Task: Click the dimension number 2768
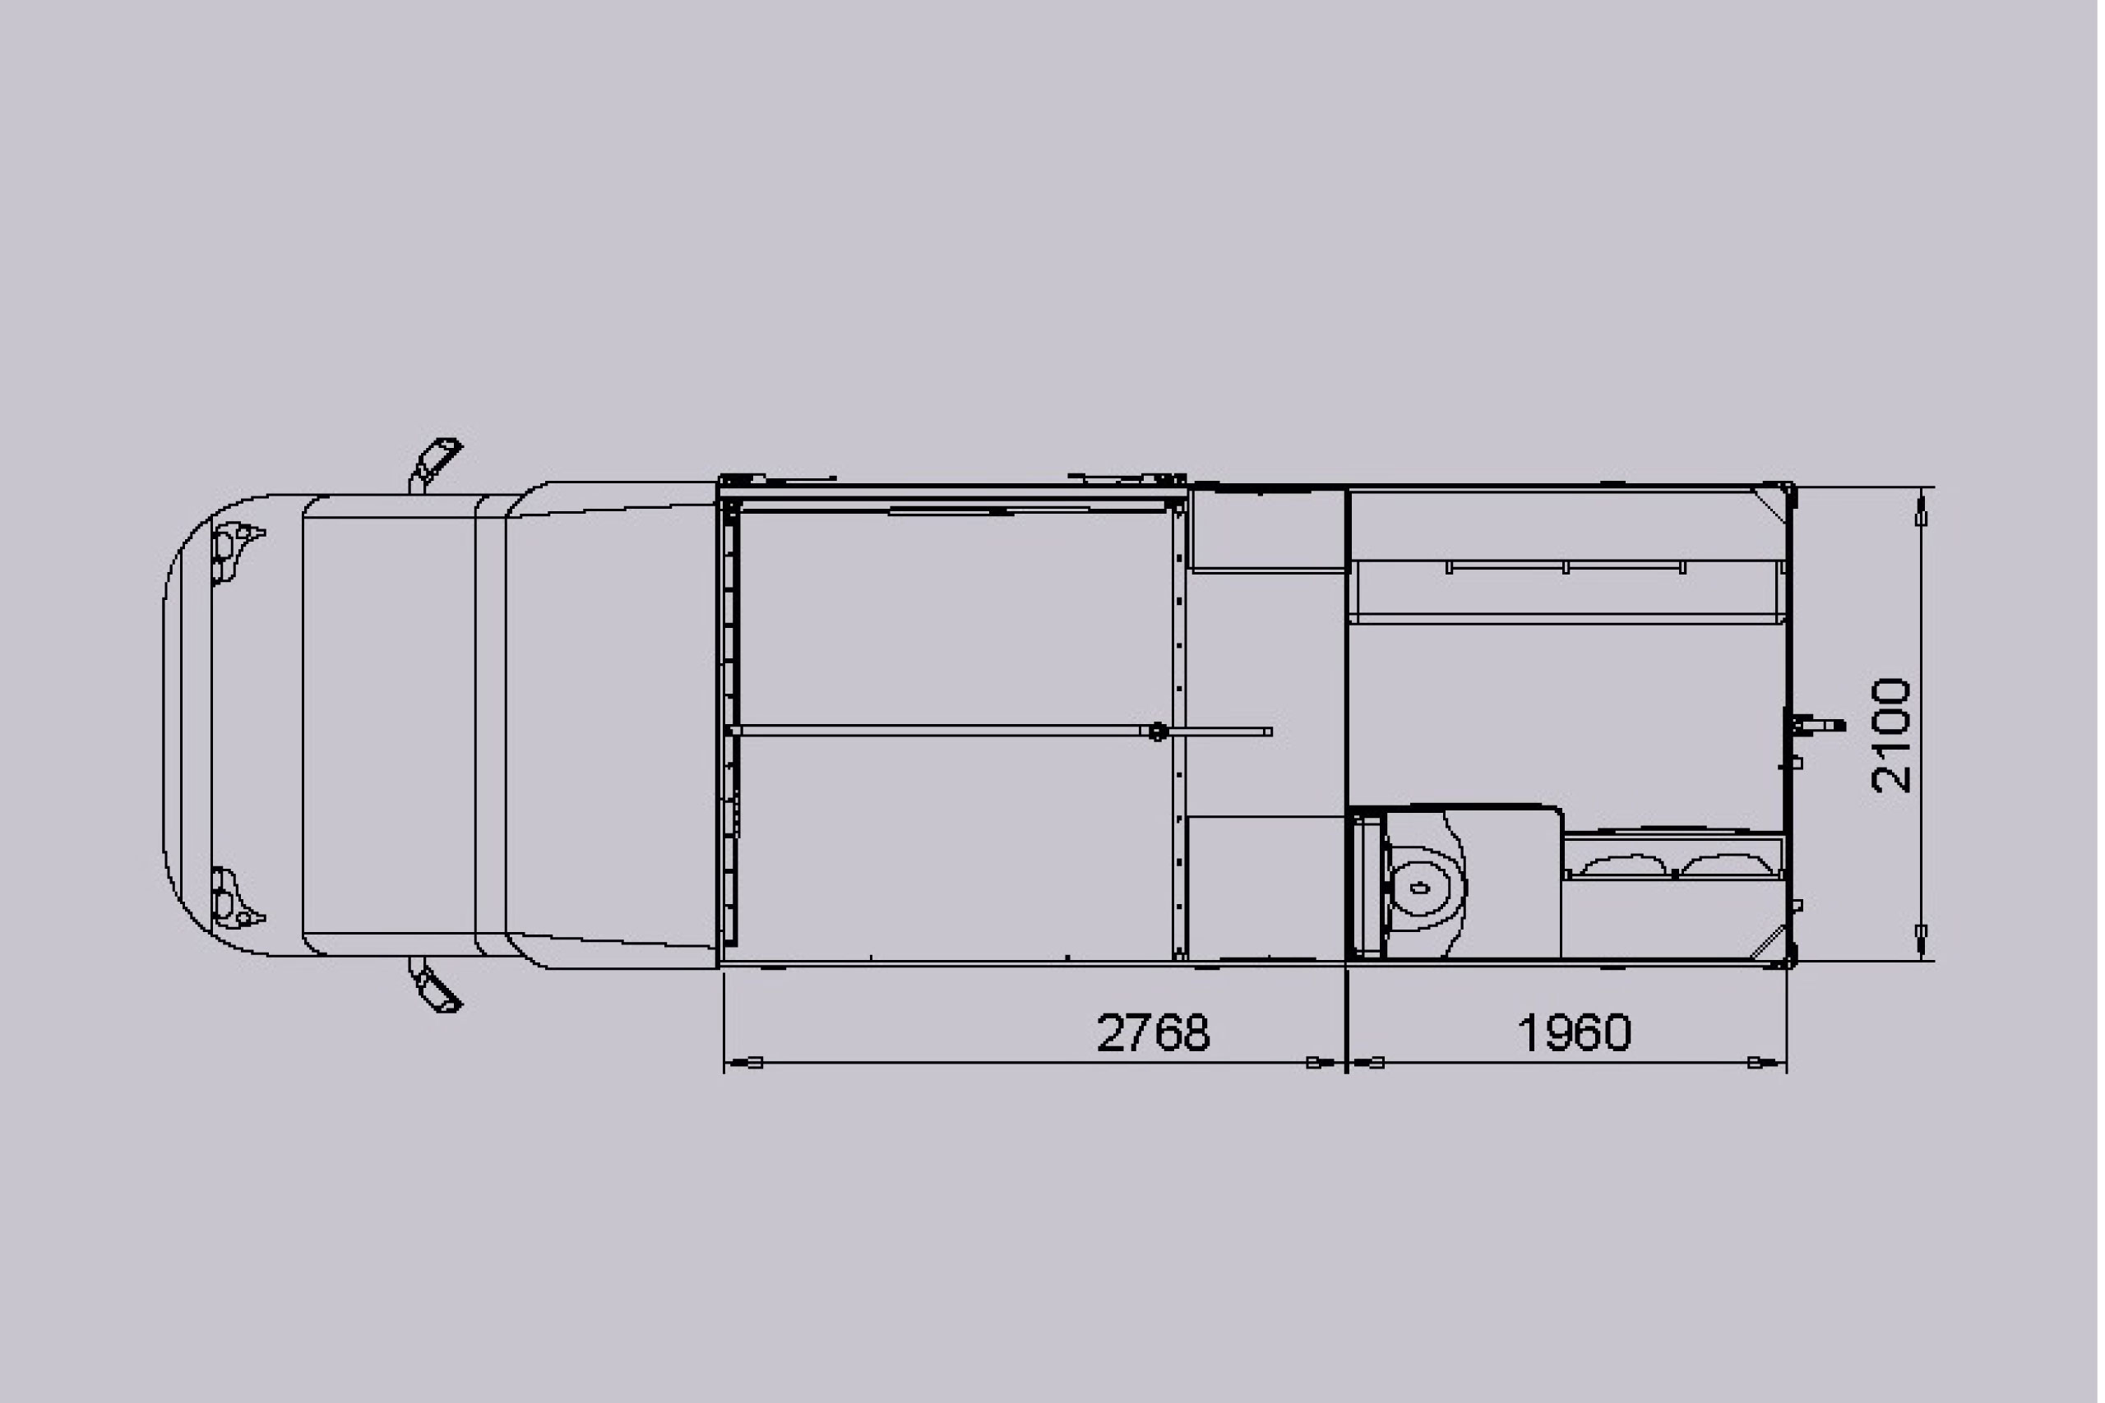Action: pos(1153,1032)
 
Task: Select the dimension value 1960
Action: pos(1575,1032)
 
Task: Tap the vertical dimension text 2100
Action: pos(1891,735)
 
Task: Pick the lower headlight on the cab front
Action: pos(234,898)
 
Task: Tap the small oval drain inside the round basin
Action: pos(1418,888)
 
